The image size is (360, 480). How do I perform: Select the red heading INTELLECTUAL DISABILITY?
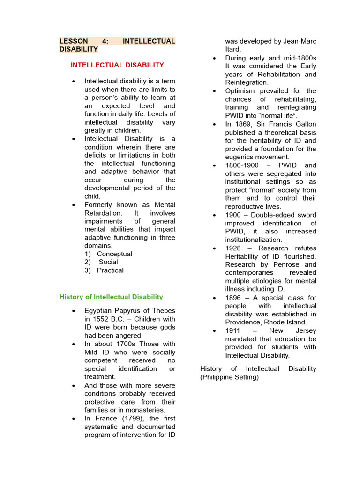point(117,65)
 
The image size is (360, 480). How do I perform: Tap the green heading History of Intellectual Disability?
point(111,297)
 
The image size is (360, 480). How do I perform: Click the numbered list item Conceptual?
point(114,254)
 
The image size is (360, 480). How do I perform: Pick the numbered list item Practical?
point(110,270)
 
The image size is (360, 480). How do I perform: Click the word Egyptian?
point(98,311)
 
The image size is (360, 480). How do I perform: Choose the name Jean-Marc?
point(300,41)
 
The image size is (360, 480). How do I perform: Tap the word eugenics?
point(239,157)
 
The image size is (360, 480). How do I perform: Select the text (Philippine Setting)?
point(229,377)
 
